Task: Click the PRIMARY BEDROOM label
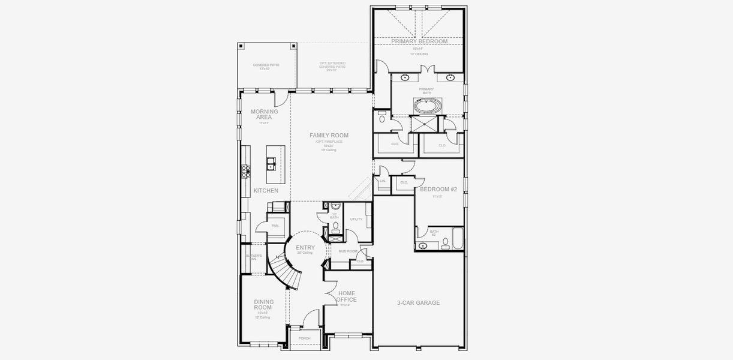point(419,41)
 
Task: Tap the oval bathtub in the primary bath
point(426,107)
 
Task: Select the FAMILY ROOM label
point(329,136)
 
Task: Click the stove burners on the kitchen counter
point(245,170)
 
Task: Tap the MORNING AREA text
point(264,114)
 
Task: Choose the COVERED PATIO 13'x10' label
point(266,66)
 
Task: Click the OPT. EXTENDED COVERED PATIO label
point(332,66)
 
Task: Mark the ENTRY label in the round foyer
point(305,248)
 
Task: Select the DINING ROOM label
point(263,305)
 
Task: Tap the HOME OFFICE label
point(347,296)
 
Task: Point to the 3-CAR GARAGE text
point(419,303)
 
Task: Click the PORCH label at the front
point(305,338)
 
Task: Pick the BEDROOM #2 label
point(438,190)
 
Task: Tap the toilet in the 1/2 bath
point(335,227)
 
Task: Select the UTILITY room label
point(356,220)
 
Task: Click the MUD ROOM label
point(348,251)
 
